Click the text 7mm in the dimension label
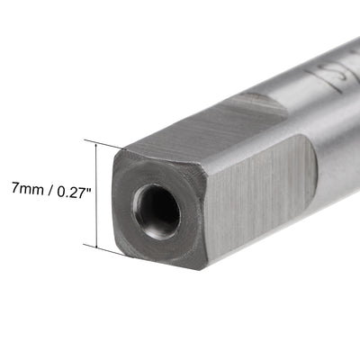pyautogui.click(x=19, y=192)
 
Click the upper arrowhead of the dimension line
pyautogui.click(x=94, y=143)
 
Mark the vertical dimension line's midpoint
pyautogui.click(x=94, y=193)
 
